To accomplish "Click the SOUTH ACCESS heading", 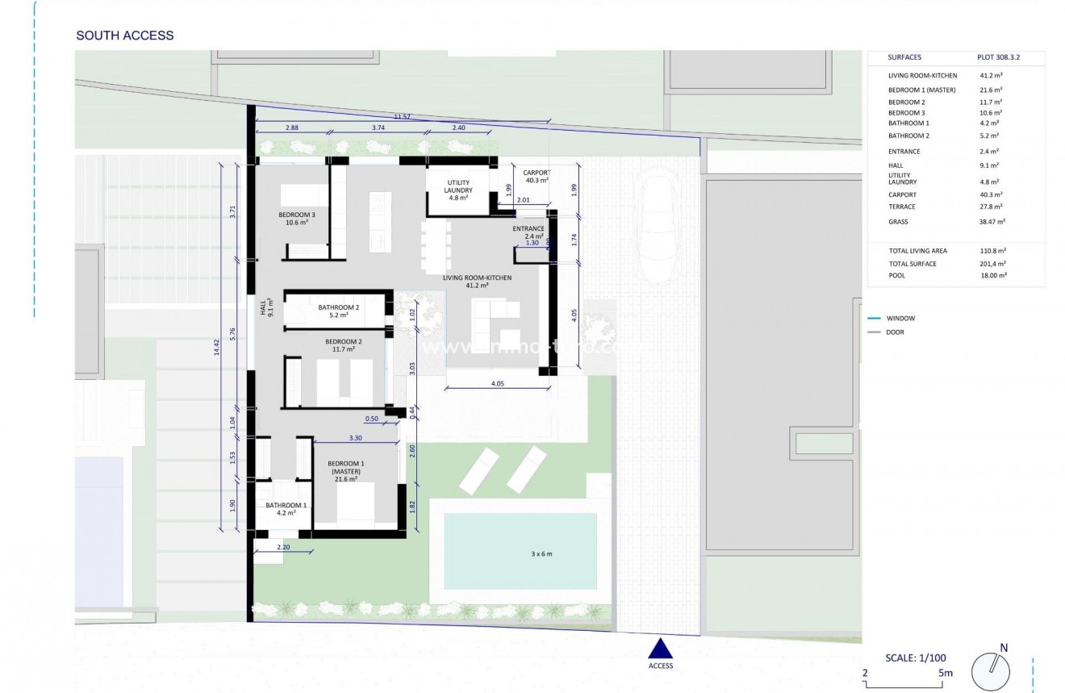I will click(x=124, y=35).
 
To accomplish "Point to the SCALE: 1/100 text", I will click(x=916, y=657).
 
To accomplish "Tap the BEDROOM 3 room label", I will click(x=297, y=218).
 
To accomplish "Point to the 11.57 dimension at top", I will click(x=402, y=117).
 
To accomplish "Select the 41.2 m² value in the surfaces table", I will click(x=991, y=76).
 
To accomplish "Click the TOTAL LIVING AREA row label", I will click(x=918, y=251).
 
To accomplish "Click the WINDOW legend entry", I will click(x=900, y=319).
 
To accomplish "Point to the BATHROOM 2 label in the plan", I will click(x=338, y=311).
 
